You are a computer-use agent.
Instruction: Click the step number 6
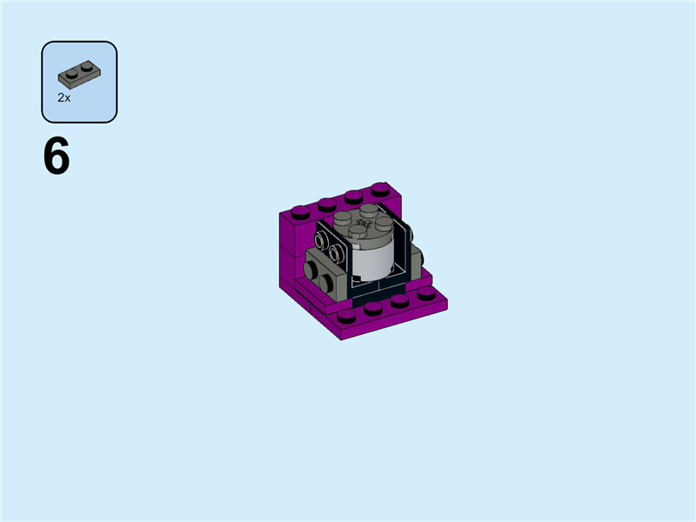57,158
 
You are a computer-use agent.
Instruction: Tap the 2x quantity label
64,98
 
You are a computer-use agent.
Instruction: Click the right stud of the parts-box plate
86,64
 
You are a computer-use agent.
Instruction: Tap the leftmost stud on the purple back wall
300,211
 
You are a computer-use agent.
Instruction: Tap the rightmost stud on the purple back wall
379,188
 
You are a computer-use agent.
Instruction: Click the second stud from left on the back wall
327,204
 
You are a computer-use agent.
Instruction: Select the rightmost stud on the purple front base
426,292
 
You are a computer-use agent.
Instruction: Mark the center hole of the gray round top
364,223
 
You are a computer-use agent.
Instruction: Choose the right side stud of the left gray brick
329,280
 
